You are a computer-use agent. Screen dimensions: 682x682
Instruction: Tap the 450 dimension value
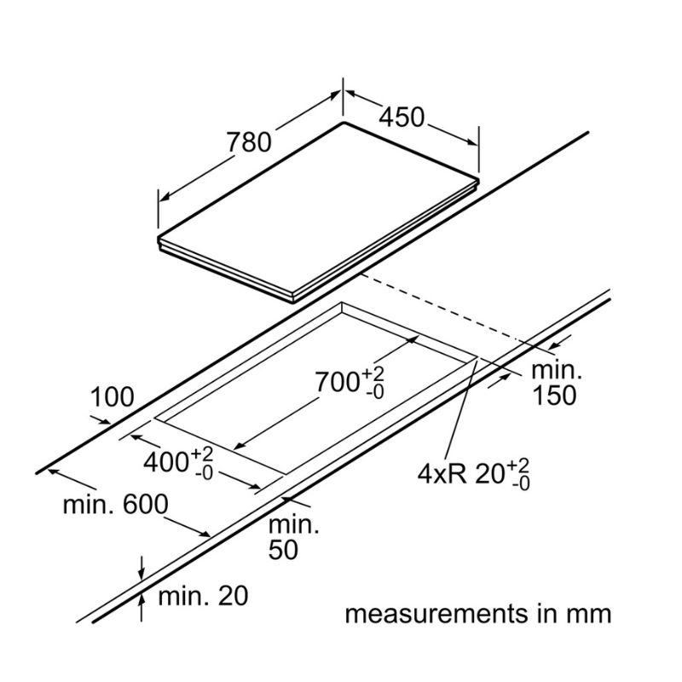pyautogui.click(x=401, y=118)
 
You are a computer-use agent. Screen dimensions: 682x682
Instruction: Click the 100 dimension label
pyautogui.click(x=113, y=396)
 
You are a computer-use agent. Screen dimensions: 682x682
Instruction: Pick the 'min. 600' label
pyautogui.click(x=115, y=504)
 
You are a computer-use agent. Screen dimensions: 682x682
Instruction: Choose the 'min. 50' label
pyautogui.click(x=284, y=538)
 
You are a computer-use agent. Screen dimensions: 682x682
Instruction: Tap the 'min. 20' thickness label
pyautogui.click(x=203, y=596)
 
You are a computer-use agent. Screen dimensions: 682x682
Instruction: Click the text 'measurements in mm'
pyautogui.click(x=478, y=614)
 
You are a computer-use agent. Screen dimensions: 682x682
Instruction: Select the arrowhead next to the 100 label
pyautogui.click(x=104, y=420)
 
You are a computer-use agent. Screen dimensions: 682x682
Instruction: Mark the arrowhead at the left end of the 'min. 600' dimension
pyautogui.click(x=49, y=468)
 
